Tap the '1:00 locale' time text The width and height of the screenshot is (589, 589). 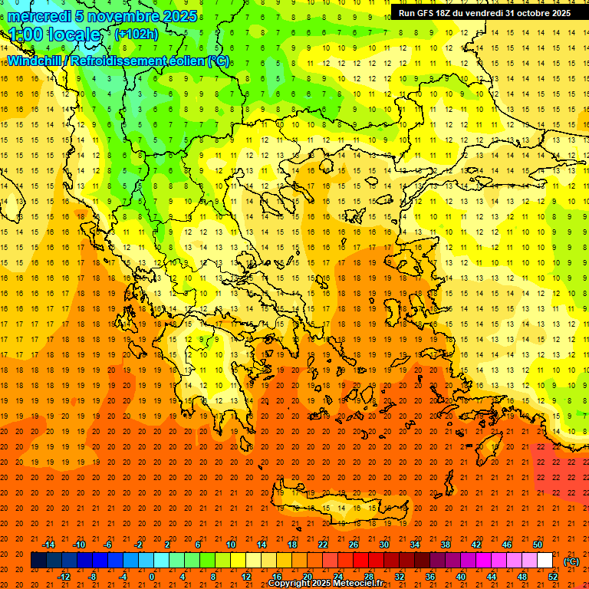click(54, 35)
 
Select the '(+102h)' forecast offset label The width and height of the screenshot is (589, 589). click(137, 34)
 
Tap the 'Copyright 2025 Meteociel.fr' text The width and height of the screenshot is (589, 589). click(325, 584)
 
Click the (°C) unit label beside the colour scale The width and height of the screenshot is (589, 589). click(571, 561)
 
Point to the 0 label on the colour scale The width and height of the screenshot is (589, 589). click(152, 577)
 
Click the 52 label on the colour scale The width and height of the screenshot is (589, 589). click(553, 577)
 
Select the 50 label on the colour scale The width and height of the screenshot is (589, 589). click(538, 545)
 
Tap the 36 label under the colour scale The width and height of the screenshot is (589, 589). click(429, 577)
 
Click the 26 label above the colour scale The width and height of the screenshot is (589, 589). click(354, 545)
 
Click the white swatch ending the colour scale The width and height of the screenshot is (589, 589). click(545, 561)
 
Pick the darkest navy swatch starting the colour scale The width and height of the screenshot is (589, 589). click(38, 561)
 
